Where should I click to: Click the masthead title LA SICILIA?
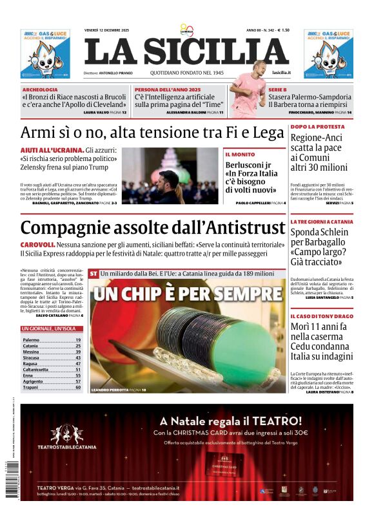point(186,52)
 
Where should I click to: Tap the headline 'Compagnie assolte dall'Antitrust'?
point(153,227)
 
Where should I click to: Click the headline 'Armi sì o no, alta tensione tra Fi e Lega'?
point(152,133)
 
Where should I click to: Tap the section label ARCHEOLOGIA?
point(40,90)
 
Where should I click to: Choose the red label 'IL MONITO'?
point(240,155)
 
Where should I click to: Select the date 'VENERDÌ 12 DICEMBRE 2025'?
point(107,30)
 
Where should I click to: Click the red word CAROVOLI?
point(37,245)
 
